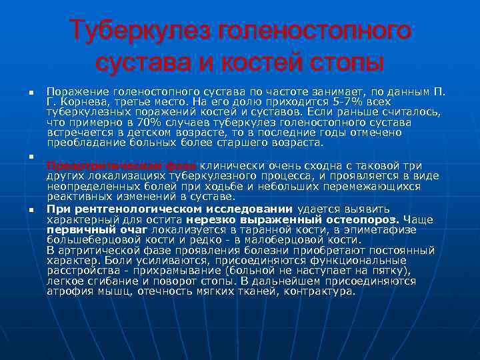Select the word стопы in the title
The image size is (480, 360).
(350, 63)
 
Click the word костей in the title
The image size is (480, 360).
(267, 63)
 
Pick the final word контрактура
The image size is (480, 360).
(319, 291)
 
